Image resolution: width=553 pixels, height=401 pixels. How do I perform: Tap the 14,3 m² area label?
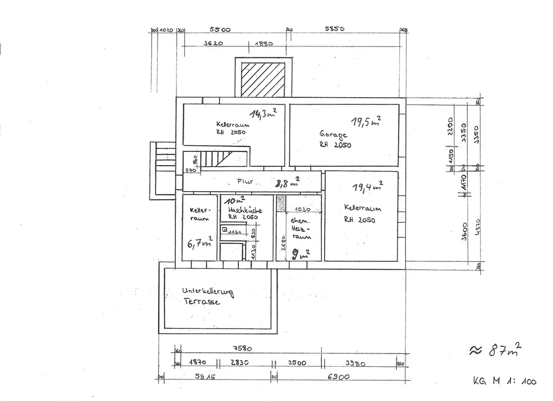(263, 114)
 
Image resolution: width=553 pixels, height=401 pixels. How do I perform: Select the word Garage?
(333, 134)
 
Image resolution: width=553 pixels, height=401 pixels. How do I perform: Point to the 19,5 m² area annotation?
(366, 122)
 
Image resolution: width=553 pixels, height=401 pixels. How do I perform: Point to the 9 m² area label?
(301, 254)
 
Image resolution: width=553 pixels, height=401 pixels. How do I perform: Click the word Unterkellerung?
(208, 291)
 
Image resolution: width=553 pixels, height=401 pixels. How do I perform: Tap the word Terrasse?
(202, 302)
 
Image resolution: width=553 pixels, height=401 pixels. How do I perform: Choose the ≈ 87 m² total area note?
(495, 350)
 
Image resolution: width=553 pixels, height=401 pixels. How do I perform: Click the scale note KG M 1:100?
(505, 381)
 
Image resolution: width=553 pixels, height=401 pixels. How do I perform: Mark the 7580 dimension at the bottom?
(244, 349)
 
